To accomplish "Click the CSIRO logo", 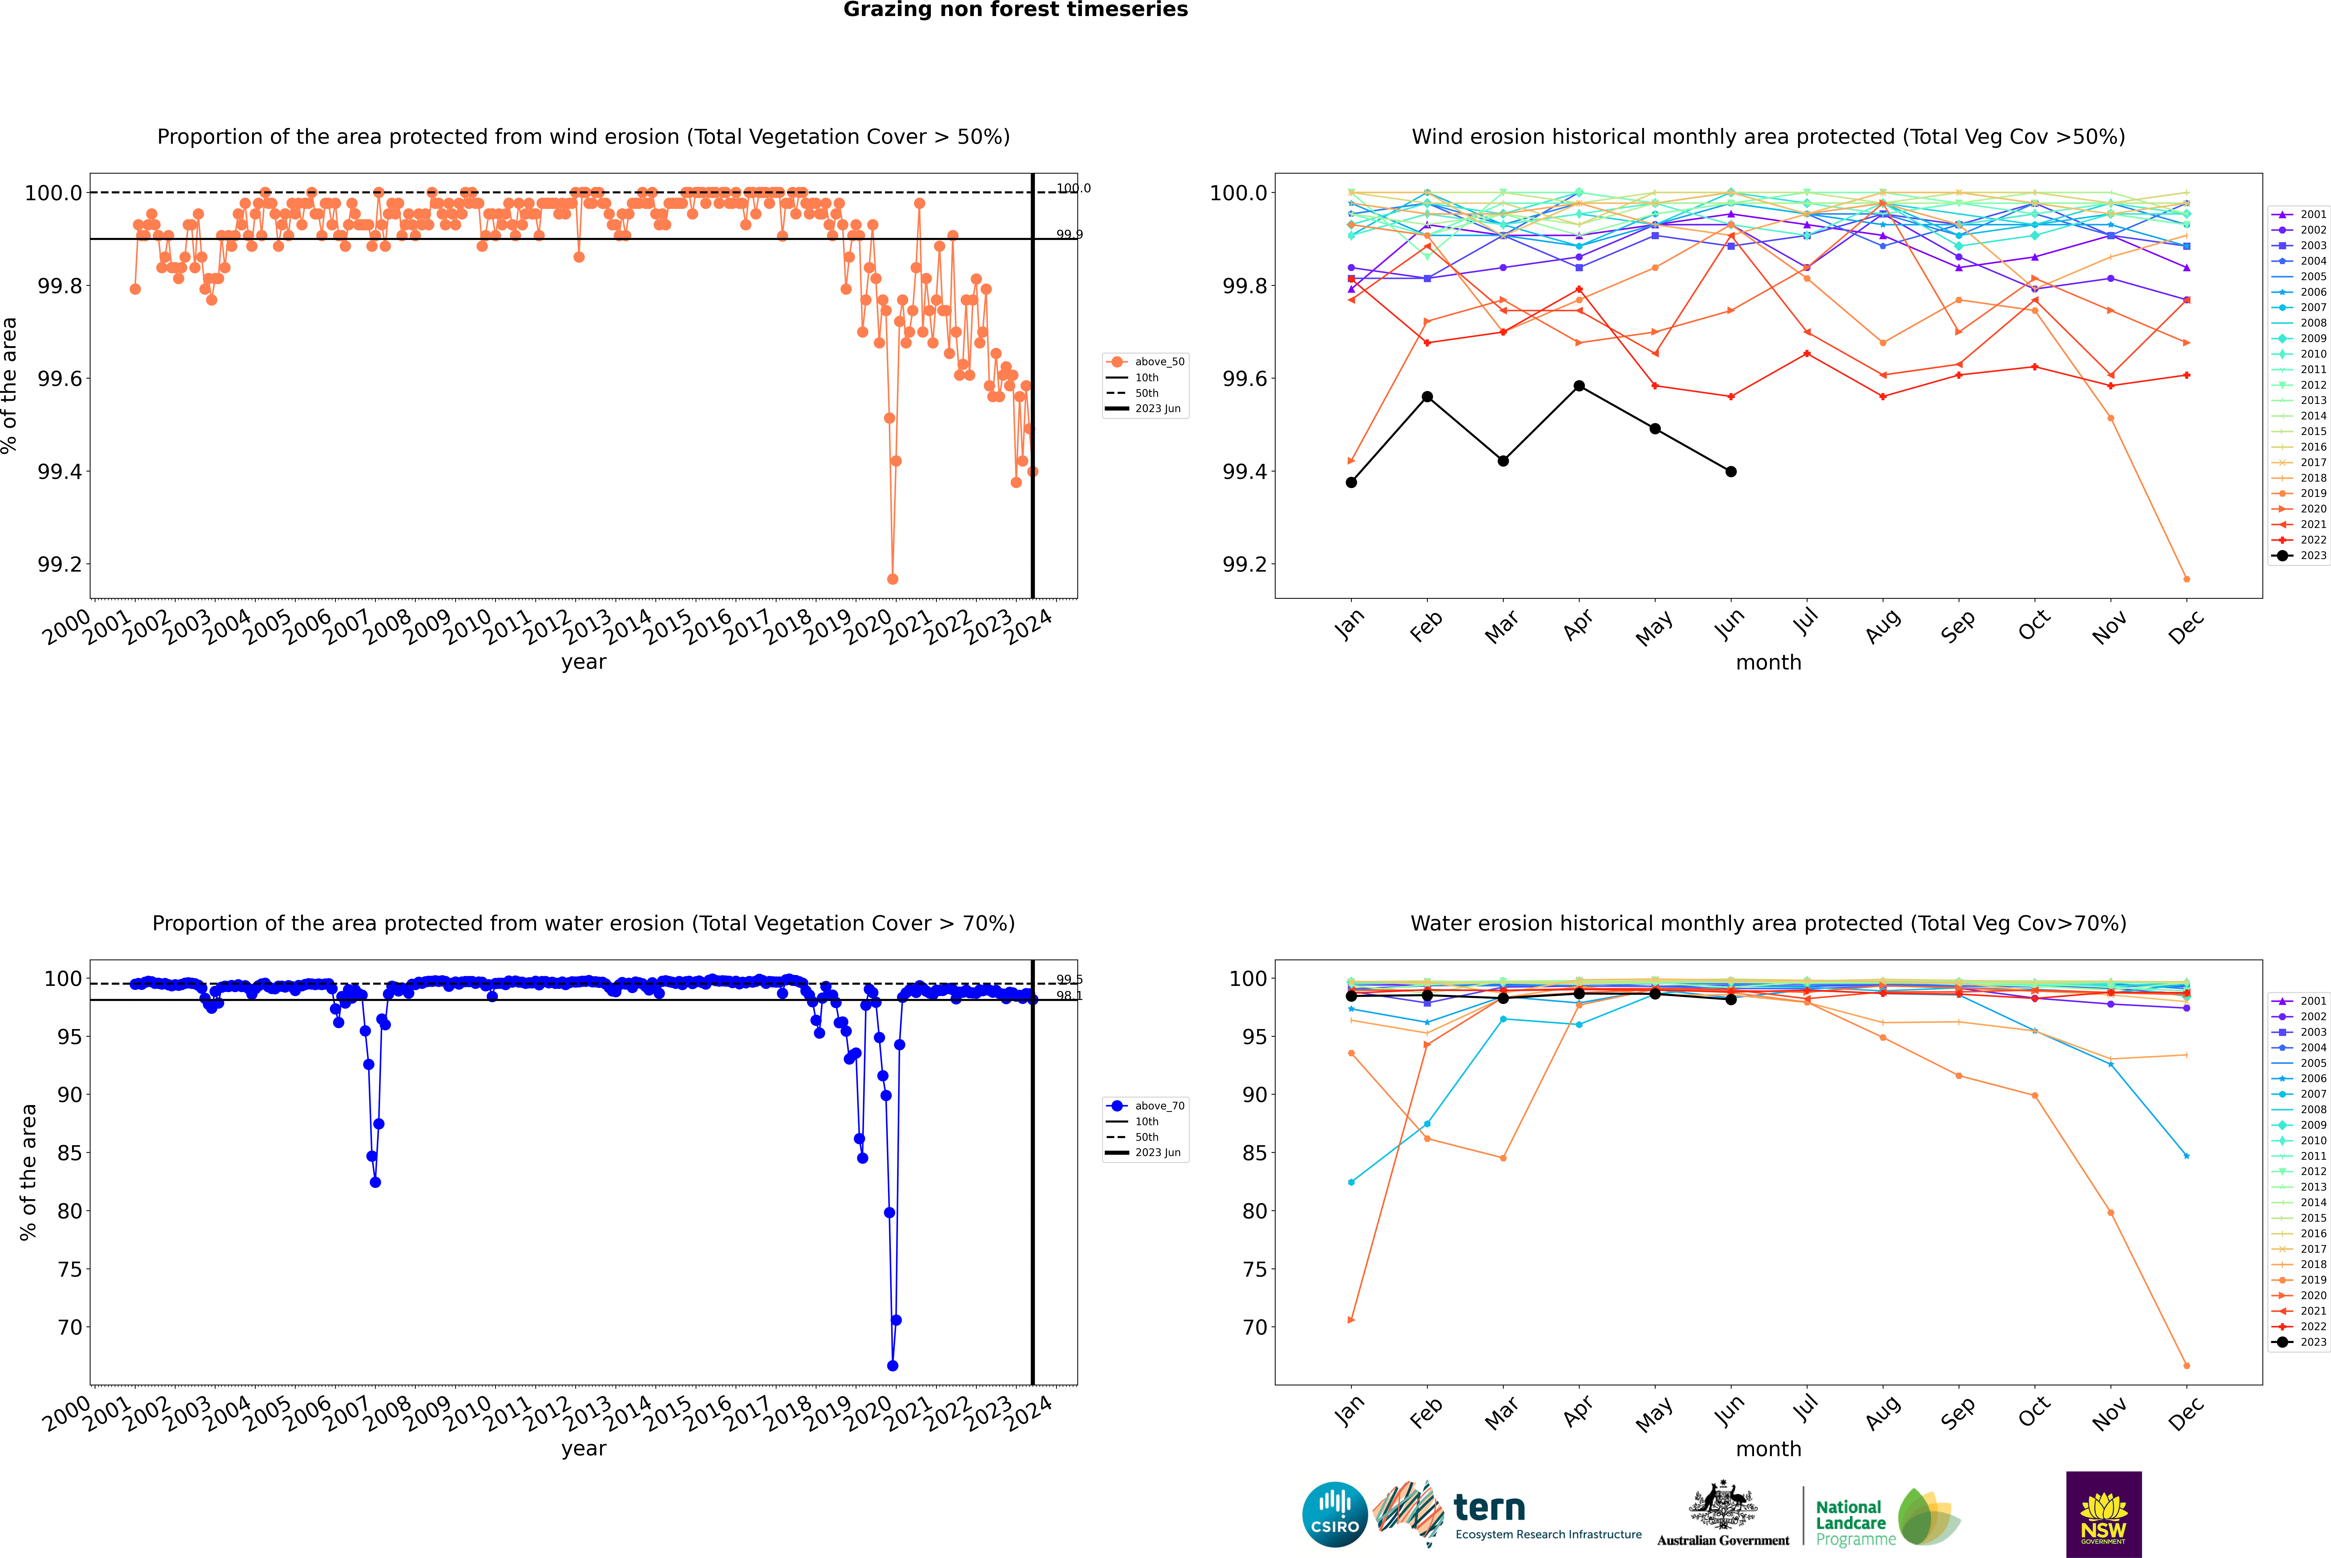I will point(1335,1514).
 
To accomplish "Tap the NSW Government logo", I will point(2103,1514).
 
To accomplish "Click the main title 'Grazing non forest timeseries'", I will point(1015,10).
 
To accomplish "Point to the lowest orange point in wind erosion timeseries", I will point(892,578).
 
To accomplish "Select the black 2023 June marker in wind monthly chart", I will point(1731,471).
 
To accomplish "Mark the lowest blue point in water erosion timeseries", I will point(892,1365).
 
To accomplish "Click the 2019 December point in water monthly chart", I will point(2186,1365).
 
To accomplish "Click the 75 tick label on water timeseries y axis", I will point(70,1269).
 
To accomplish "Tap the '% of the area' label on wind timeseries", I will point(10,385).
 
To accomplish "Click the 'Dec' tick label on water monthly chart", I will point(2186,1413).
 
